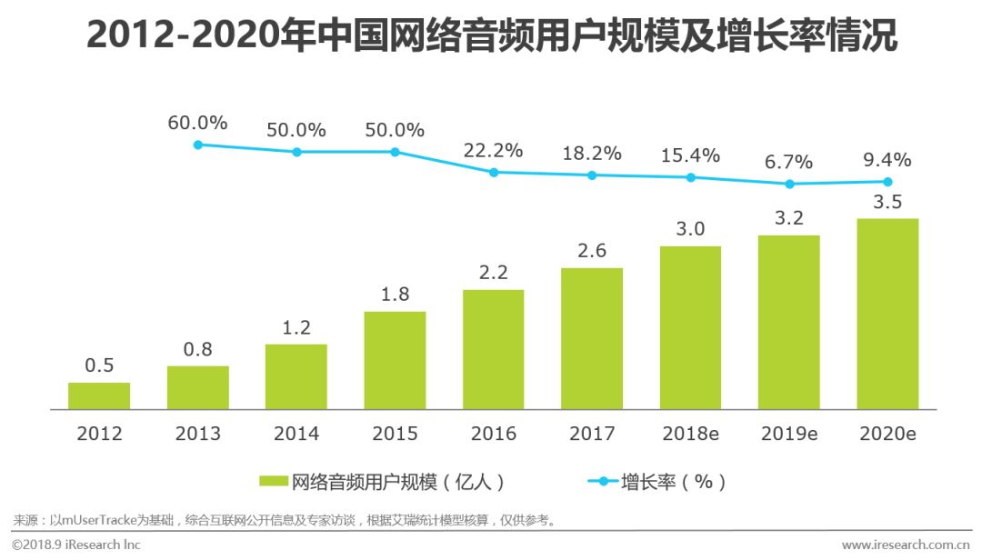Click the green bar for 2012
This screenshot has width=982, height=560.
pos(99,395)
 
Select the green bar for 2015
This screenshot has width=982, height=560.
pos(395,360)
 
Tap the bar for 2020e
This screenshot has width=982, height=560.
pos(887,314)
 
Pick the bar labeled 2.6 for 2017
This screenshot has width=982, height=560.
pos(592,338)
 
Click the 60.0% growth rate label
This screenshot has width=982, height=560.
pos(197,123)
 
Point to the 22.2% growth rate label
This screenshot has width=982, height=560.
pos(493,151)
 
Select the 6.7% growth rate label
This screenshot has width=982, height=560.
pos(788,162)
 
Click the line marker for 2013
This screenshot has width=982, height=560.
pos(197,144)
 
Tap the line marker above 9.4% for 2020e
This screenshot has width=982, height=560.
pos(887,182)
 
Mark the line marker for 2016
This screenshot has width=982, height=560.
pos(493,172)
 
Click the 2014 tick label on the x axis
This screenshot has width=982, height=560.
pos(296,434)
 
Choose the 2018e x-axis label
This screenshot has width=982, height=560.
pos(690,434)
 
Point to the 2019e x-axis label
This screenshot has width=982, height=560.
pos(788,434)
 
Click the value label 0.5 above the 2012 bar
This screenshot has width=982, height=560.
pos(99,365)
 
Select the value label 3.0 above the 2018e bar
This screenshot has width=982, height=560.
pos(690,229)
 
